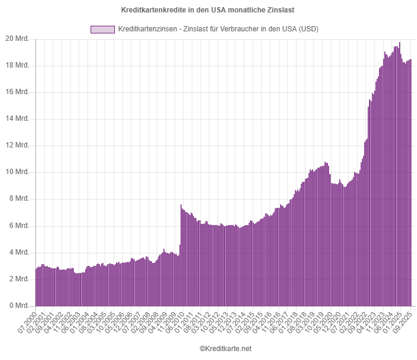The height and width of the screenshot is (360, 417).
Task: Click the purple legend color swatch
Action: coord(102,29)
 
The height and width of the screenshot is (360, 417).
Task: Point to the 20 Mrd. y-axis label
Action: coord(18,39)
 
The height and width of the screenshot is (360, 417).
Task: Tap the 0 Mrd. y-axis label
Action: coord(20,306)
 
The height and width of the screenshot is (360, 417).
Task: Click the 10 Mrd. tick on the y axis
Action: coord(18,172)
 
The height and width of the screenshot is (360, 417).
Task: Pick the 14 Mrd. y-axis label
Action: coord(18,119)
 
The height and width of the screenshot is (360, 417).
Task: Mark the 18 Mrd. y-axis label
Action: coord(18,66)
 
